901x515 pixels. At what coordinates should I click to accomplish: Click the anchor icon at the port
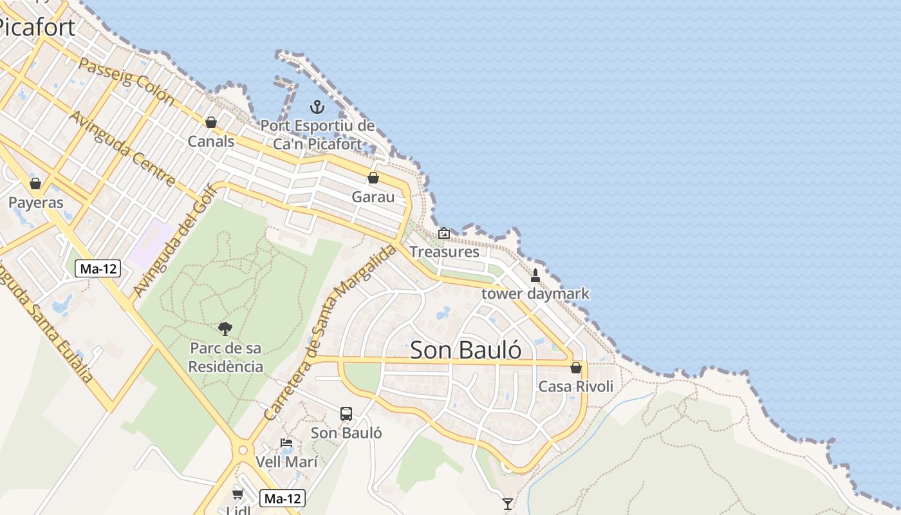coord(317,107)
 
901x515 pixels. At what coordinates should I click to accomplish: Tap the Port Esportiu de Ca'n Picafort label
coord(317,135)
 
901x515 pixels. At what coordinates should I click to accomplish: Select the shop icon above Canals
coord(211,122)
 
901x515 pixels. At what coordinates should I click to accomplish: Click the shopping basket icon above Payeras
coord(35,183)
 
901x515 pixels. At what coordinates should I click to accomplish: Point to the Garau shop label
coord(373,196)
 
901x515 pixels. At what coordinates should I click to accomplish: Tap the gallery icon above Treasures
coord(444,233)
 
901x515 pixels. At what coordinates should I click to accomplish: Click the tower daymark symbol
coord(535,276)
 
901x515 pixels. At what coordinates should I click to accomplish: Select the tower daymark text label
coord(535,294)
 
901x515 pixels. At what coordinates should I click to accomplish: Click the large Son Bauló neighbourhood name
coord(465,350)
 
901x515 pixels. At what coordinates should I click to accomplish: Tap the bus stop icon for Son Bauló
coord(346,413)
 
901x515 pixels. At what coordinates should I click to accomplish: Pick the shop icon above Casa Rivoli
coord(576,368)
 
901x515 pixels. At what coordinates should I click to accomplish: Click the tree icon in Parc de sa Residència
coord(225,329)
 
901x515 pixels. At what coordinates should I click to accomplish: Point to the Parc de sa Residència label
coord(226,357)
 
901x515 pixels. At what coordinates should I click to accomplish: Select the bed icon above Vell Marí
coord(286,443)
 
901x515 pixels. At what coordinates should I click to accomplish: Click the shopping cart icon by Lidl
coord(238,494)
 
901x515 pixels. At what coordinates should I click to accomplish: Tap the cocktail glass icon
coord(508,503)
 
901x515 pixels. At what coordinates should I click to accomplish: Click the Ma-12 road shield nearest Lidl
coord(283,498)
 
